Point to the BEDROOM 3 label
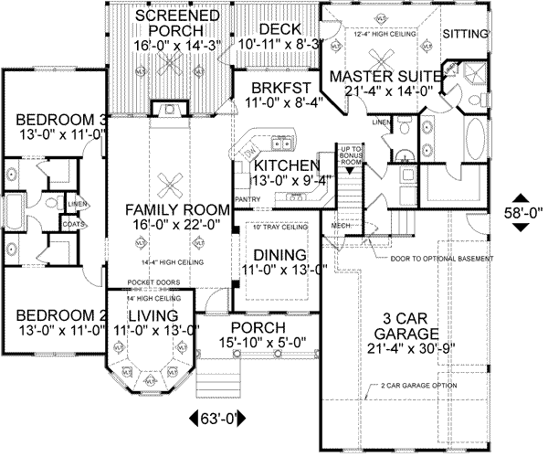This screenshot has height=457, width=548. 52,120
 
